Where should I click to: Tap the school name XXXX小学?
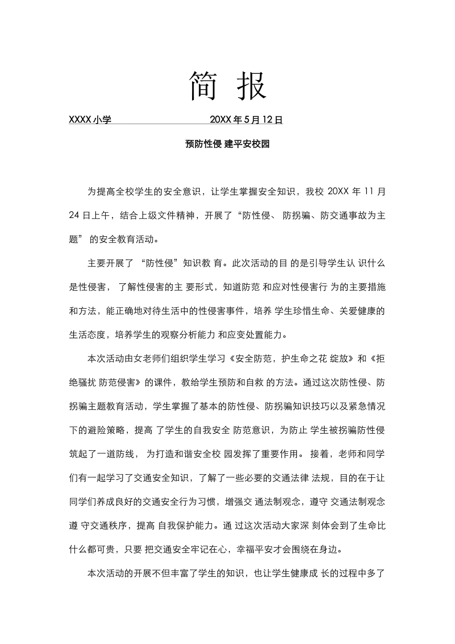[90, 120]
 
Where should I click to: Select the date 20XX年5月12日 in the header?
[246, 120]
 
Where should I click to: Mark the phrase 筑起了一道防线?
[102, 454]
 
